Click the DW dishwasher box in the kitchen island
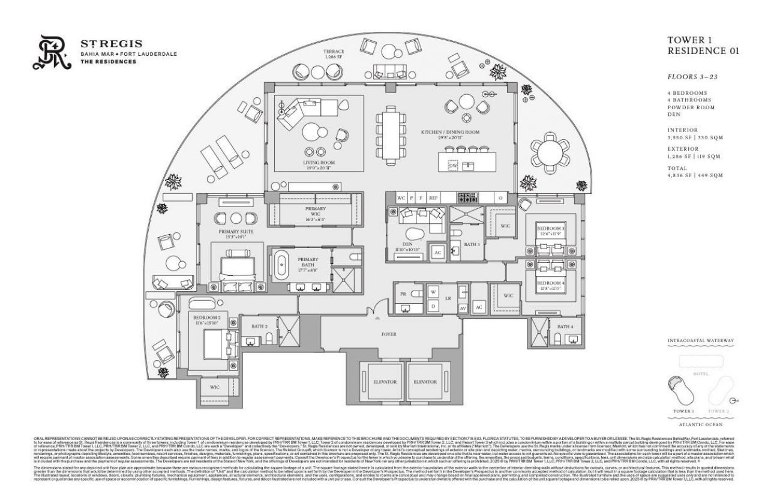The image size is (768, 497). pos(454,165)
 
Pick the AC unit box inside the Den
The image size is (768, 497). pos(437,252)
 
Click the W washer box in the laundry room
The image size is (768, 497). pos(432,292)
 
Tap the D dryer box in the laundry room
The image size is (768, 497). pos(432,306)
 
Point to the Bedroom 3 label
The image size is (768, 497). pos(550,229)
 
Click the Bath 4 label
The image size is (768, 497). pos(565,327)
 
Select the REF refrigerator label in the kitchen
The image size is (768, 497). pos(433,197)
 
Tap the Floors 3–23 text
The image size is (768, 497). pos(691,77)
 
